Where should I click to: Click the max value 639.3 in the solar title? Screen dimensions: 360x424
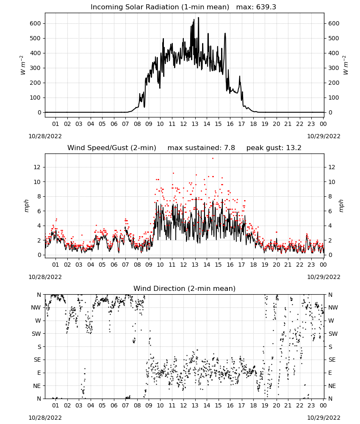pyautogui.click(x=256, y=7)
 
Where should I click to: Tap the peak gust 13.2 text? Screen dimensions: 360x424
pyautogui.click(x=274, y=148)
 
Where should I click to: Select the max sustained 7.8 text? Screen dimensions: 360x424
pyautogui.click(x=201, y=148)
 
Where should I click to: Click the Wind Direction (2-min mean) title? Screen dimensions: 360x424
pyautogui.click(x=185, y=288)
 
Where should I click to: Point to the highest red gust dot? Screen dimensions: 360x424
pyautogui.click(x=213, y=159)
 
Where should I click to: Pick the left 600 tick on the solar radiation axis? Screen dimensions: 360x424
pyautogui.click(x=35, y=23)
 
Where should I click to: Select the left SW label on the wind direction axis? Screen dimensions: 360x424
pyautogui.click(x=36, y=334)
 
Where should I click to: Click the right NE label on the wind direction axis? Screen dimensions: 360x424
pyautogui.click(x=332, y=386)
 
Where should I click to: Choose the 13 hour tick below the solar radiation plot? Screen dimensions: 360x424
pyautogui.click(x=195, y=124)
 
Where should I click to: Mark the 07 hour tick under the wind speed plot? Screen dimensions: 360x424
pyautogui.click(x=125, y=265)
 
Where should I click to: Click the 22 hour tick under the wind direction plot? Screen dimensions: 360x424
pyautogui.click(x=299, y=405)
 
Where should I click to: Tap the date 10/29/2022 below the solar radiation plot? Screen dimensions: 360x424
pyautogui.click(x=324, y=136)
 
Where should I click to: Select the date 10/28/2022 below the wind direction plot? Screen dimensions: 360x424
pyautogui.click(x=45, y=418)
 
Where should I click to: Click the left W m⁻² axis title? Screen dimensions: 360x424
pyautogui.click(x=23, y=65)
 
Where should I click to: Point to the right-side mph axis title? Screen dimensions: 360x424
pyautogui.click(x=341, y=206)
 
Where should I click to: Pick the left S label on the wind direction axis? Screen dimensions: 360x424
pyautogui.click(x=39, y=347)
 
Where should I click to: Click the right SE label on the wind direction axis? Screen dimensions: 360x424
pyautogui.click(x=332, y=360)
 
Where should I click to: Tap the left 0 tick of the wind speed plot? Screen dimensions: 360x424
pyautogui.click(x=39, y=255)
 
